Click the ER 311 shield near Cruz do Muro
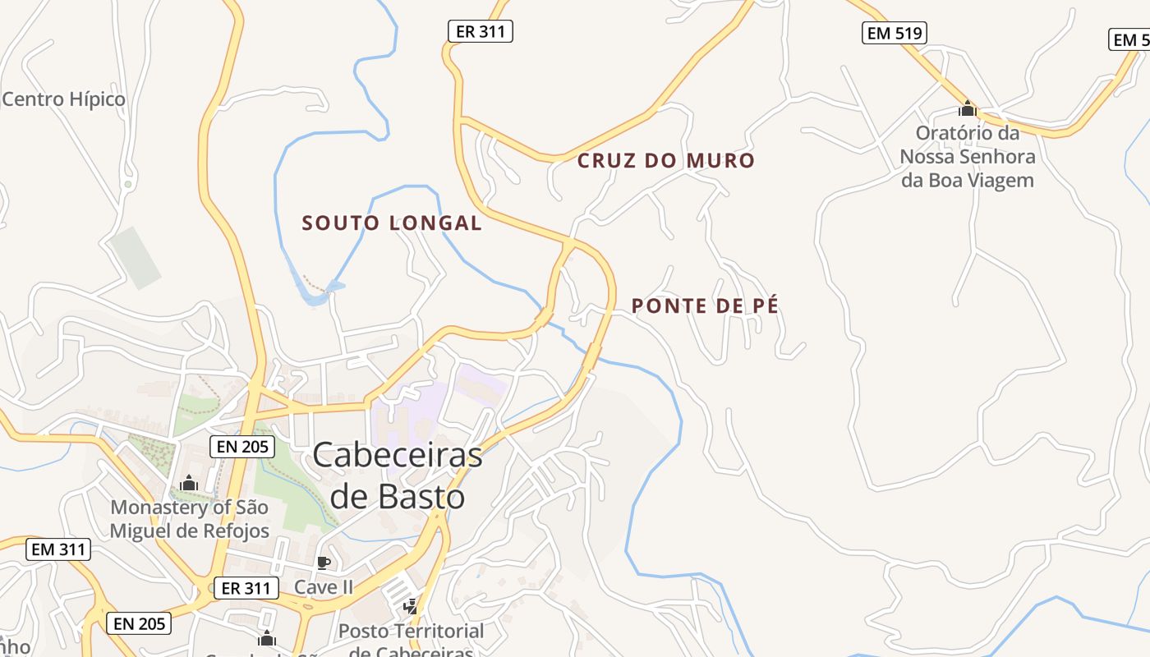click(x=481, y=32)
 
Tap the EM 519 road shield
click(x=895, y=33)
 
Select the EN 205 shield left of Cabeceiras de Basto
click(x=241, y=447)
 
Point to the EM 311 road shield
click(x=57, y=549)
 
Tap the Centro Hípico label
click(x=64, y=99)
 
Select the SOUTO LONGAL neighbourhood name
click(x=392, y=223)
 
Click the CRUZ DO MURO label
click(x=665, y=160)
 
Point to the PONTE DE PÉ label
click(x=705, y=306)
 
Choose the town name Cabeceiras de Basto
click(x=398, y=476)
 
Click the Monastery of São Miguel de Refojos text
click(x=190, y=519)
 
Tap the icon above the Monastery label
click(x=189, y=484)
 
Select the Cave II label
click(x=324, y=587)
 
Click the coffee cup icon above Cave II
click(x=324, y=563)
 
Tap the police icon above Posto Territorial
click(x=410, y=607)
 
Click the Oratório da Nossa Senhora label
click(x=968, y=156)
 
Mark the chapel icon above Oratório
click(x=968, y=108)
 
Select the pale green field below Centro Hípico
click(x=136, y=257)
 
